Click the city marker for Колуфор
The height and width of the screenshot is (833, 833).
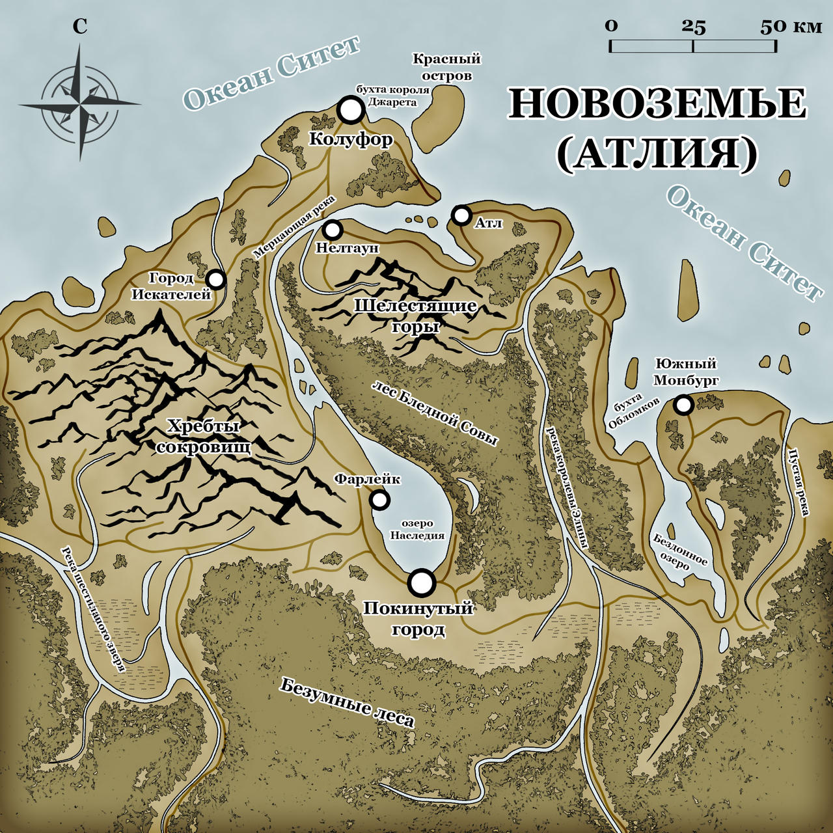coord(351,111)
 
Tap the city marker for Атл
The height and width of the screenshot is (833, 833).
coord(461,215)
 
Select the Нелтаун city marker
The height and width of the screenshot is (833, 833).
coord(333,230)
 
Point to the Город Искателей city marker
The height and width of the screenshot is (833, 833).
coord(216,280)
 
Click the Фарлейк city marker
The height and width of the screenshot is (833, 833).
coord(379,500)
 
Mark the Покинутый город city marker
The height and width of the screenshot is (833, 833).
coord(422,582)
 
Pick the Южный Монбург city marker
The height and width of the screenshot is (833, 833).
coord(683,405)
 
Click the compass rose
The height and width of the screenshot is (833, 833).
coord(79,103)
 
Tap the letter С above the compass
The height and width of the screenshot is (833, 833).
coord(79,26)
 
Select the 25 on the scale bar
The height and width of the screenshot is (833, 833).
coord(694,27)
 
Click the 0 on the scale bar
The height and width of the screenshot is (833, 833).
coord(610,27)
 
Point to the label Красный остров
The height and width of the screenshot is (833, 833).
coord(446,67)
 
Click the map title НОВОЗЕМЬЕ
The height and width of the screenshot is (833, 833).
coord(657,104)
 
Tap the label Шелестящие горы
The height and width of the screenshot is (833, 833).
coord(415,315)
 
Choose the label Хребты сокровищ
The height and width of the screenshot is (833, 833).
coord(204,437)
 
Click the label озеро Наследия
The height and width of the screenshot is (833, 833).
coord(417,530)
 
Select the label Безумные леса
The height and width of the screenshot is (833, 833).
coord(347,702)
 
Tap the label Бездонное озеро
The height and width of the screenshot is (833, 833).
coord(681,552)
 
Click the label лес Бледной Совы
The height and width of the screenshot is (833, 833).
coord(434,413)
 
